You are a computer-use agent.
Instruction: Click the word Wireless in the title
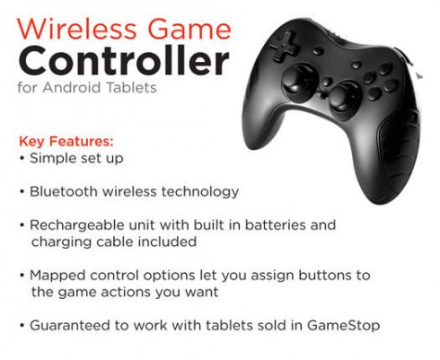[76, 29]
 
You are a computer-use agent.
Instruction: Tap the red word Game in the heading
[189, 29]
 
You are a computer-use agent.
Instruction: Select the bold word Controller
[124, 61]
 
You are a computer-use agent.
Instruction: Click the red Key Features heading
[66, 141]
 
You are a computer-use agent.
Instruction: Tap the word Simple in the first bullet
[53, 159]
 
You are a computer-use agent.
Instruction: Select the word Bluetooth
[64, 191]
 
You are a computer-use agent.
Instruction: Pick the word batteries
[275, 225]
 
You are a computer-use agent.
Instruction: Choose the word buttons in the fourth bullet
[325, 276]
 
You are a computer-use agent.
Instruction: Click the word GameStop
[343, 326]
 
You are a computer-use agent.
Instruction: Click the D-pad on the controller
[284, 47]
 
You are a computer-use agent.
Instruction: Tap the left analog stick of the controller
[300, 79]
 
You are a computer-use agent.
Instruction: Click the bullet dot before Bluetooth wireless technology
[22, 191]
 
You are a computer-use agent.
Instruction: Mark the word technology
[200, 192]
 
